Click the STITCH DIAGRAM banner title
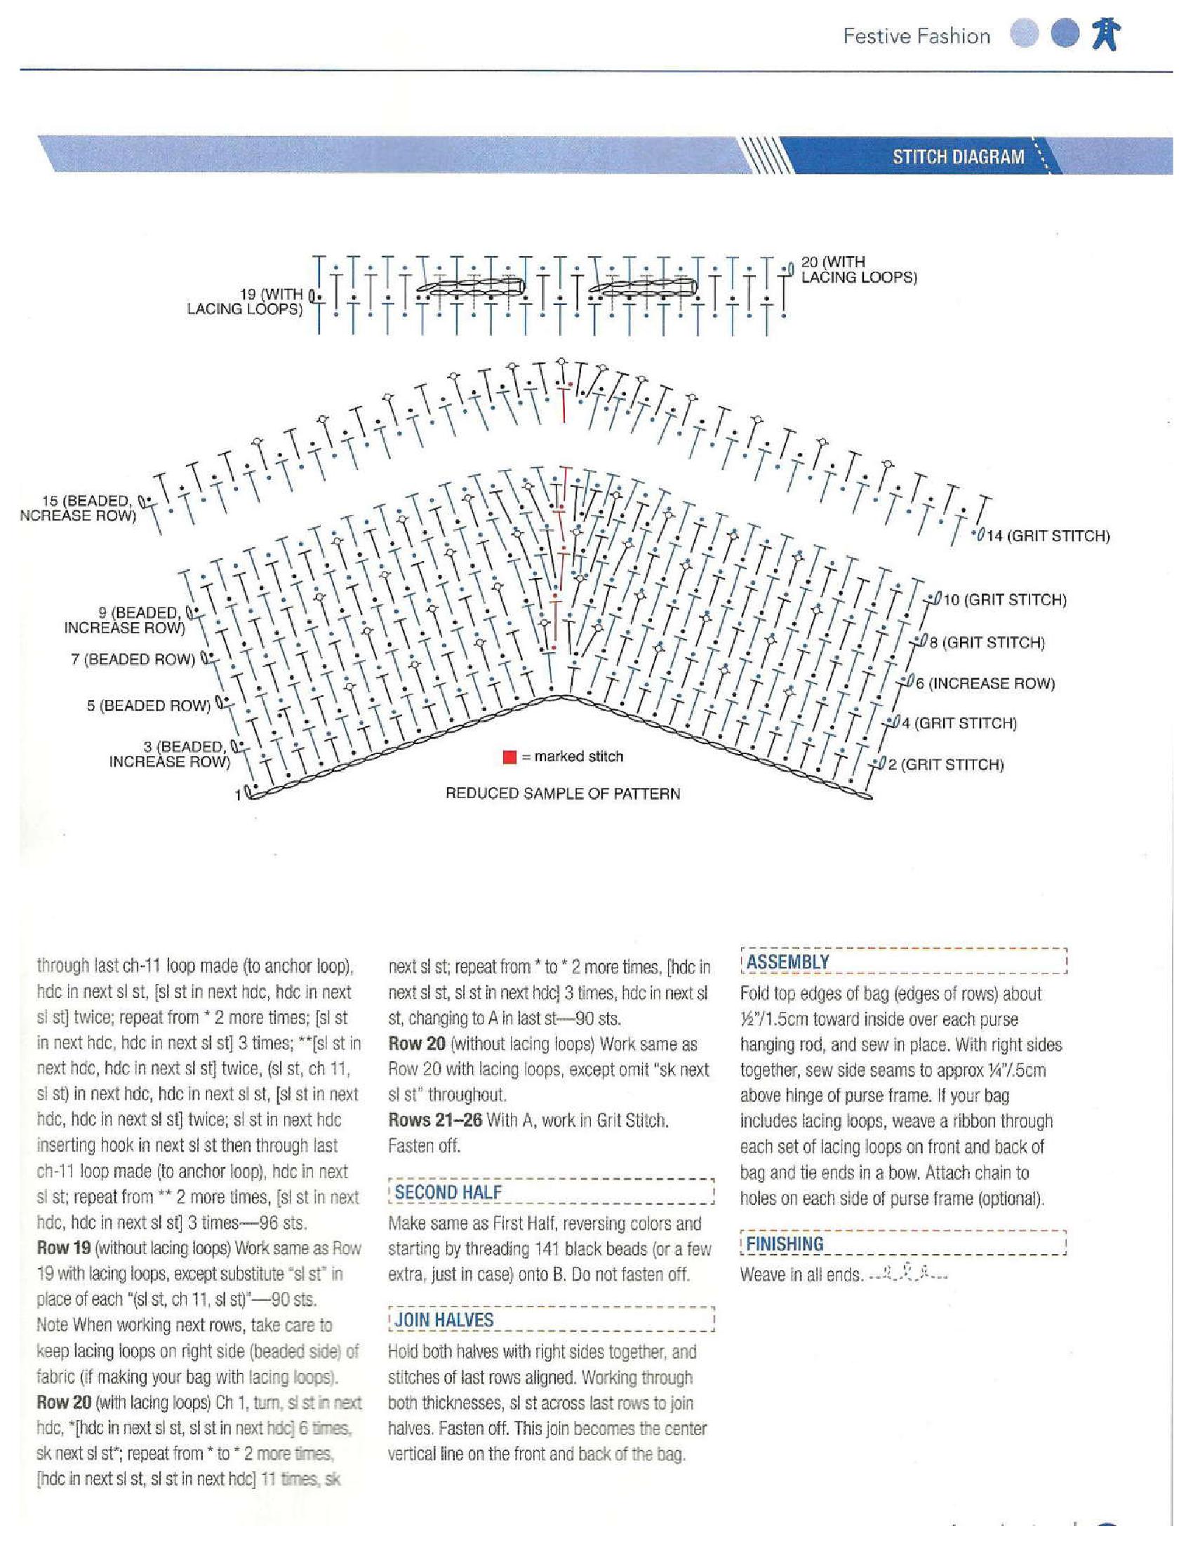point(958,157)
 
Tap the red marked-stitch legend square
point(509,757)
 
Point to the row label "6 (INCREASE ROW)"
point(985,684)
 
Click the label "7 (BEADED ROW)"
point(132,660)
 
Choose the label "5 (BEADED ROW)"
point(148,706)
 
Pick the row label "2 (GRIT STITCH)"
point(946,764)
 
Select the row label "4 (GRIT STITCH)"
point(959,724)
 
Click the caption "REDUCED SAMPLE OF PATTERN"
point(563,794)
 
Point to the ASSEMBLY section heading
point(787,962)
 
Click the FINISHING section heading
point(785,1244)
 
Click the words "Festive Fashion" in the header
point(917,36)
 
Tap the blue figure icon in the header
point(1106,34)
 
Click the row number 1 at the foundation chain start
point(238,795)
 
